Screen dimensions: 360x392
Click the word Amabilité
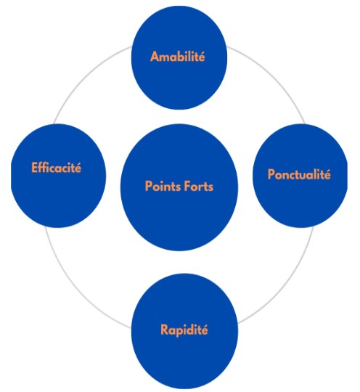[x=178, y=56]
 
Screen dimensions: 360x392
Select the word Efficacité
[x=57, y=167]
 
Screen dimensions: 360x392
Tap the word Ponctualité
[x=299, y=174]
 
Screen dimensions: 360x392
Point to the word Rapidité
[x=184, y=330]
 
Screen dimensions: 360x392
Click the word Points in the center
[x=160, y=187]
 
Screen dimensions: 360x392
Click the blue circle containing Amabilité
[x=179, y=58]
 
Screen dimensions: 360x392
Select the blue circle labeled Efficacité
[x=59, y=176]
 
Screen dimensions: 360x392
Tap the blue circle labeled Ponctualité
[x=300, y=176]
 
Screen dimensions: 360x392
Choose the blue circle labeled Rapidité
[x=185, y=331]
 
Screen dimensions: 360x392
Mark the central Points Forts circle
[x=179, y=187]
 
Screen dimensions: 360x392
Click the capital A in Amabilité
[x=155, y=57]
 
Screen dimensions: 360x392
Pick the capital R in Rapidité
[x=165, y=330]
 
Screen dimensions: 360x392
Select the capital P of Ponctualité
[x=271, y=174]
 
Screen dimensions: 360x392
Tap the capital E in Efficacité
[x=35, y=168]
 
